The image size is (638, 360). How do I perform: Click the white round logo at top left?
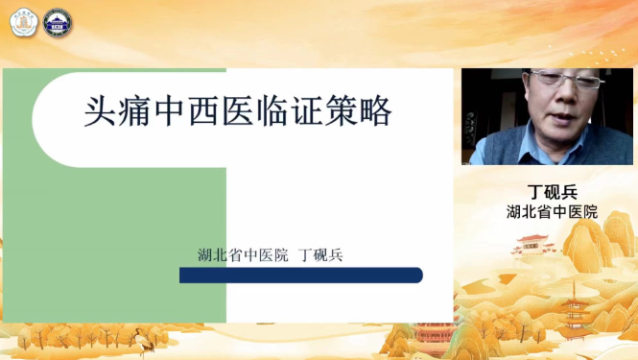[22, 23]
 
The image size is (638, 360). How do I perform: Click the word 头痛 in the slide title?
[111, 113]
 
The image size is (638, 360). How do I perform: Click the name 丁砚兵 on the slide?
[321, 255]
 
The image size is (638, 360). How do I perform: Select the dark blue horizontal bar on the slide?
[301, 276]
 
